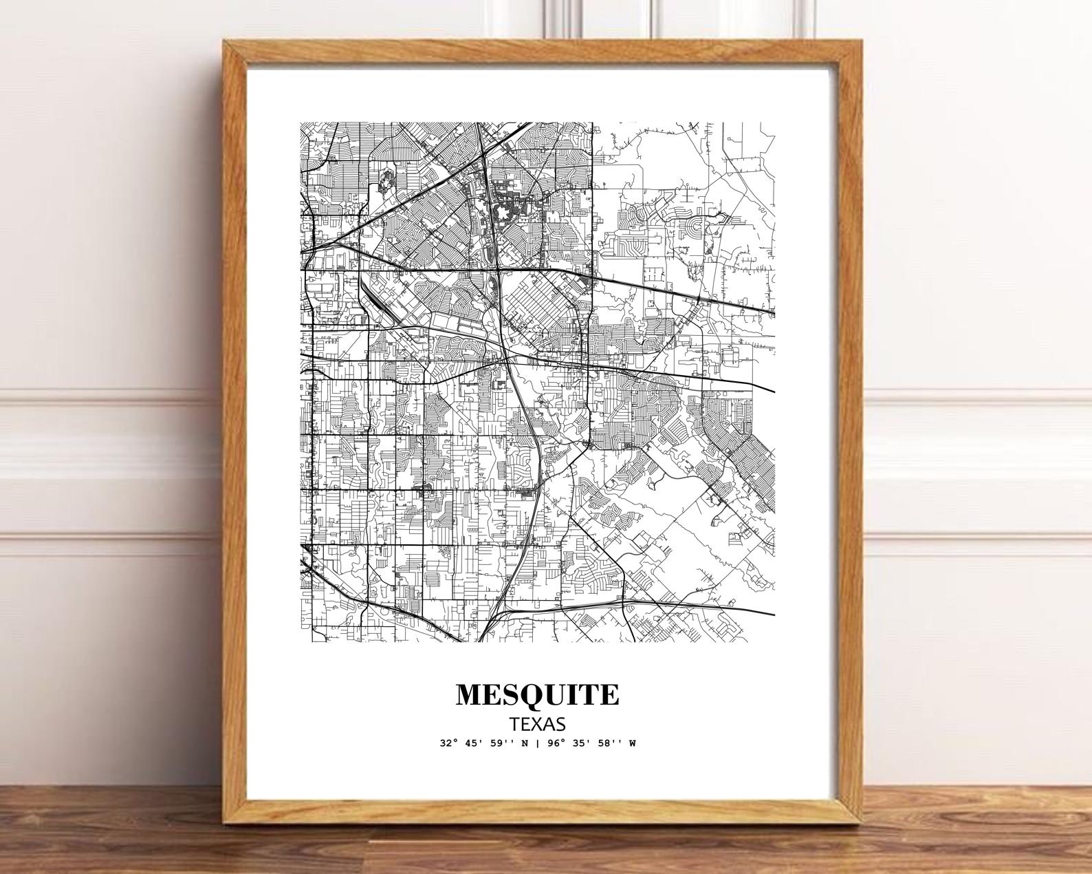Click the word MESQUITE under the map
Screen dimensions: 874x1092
tap(537, 694)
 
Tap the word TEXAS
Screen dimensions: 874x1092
tap(537, 724)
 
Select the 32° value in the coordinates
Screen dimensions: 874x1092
tap(449, 743)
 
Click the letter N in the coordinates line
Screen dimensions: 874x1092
tap(524, 743)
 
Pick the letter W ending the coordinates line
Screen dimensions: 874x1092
tap(631, 743)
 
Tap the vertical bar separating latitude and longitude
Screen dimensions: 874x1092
tap(537, 743)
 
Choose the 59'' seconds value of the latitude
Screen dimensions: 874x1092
tap(501, 743)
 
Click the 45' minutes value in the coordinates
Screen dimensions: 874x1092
tap(474, 743)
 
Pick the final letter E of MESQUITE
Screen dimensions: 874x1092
tap(609, 694)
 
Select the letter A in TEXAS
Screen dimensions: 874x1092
tap(547, 724)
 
